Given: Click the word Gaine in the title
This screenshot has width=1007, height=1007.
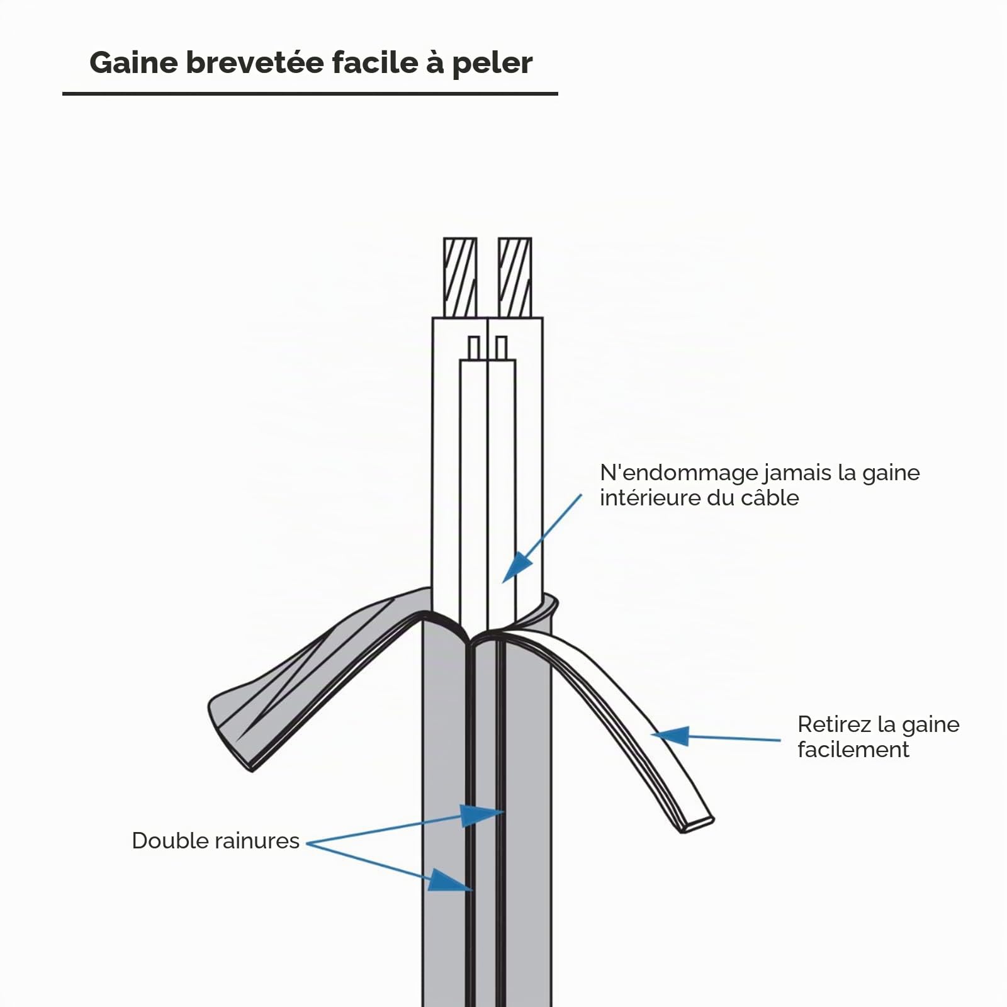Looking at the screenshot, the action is point(133,63).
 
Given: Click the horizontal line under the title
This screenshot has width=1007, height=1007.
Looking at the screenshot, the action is point(310,94).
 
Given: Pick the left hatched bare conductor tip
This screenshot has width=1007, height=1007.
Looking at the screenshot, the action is point(460,277).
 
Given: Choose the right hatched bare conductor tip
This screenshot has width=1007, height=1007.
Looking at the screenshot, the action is point(515,277).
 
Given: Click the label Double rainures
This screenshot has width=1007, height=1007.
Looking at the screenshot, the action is point(215,841).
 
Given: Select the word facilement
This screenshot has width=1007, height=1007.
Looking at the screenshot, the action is point(853,750).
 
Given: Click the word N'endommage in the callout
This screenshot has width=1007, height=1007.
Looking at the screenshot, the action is point(678,473).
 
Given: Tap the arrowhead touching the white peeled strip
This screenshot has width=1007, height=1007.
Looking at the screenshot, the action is point(670,735).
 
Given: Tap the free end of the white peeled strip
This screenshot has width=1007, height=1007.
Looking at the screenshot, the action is point(699,824).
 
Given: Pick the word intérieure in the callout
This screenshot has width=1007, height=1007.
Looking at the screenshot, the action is point(650,498).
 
